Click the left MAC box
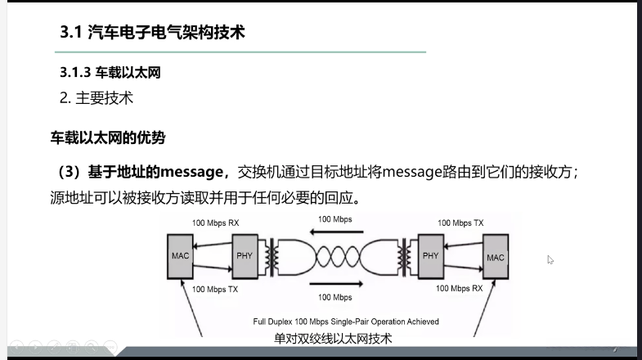181,255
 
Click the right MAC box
496,257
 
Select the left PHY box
245,255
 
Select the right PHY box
431,255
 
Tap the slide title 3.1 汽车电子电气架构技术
153,33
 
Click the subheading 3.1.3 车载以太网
110,73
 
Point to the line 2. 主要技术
97,98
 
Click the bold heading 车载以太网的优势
109,137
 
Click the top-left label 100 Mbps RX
216,223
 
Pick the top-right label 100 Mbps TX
460,223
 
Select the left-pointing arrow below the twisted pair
336,284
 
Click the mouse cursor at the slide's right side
550,260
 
